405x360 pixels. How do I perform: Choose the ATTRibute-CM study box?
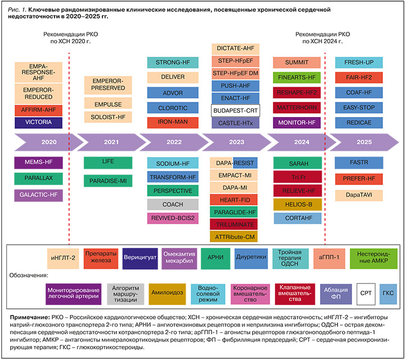click(x=235, y=237)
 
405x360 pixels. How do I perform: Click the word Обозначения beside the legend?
click(x=28, y=276)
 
